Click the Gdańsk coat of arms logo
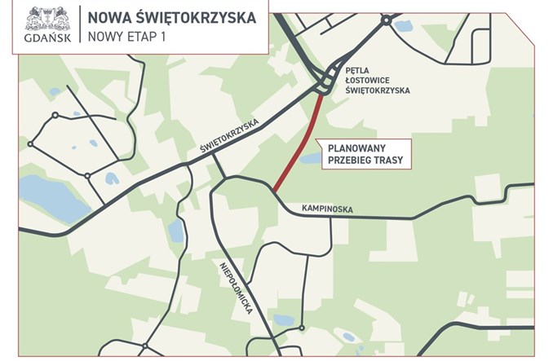tap(46, 19)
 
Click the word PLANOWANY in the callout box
tap(363, 149)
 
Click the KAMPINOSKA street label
tap(326, 209)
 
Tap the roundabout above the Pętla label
tap(385, 22)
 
